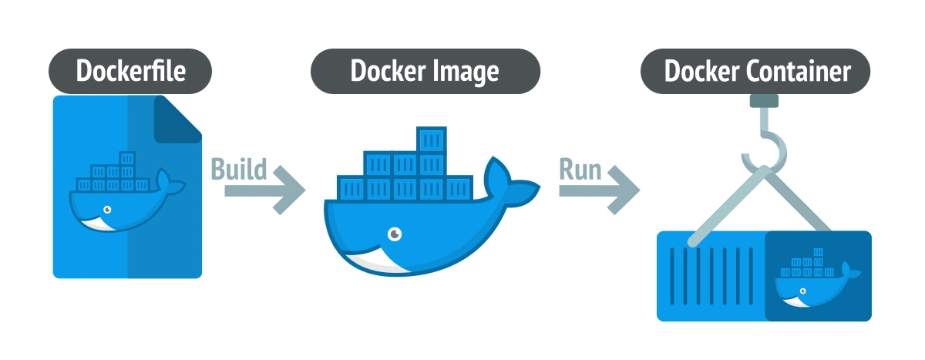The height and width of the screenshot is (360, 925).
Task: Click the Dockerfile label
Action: coord(130,72)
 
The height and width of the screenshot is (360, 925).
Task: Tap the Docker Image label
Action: coord(425,72)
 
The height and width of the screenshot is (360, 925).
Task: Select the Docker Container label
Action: coord(757,72)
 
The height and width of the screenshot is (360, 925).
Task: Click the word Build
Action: coord(239,169)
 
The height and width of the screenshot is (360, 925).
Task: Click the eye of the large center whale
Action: coord(395,232)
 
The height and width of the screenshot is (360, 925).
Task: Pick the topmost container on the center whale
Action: coord(432,140)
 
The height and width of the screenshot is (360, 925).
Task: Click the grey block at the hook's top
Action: coord(763,100)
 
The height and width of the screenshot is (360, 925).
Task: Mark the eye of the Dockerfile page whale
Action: coord(108,209)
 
